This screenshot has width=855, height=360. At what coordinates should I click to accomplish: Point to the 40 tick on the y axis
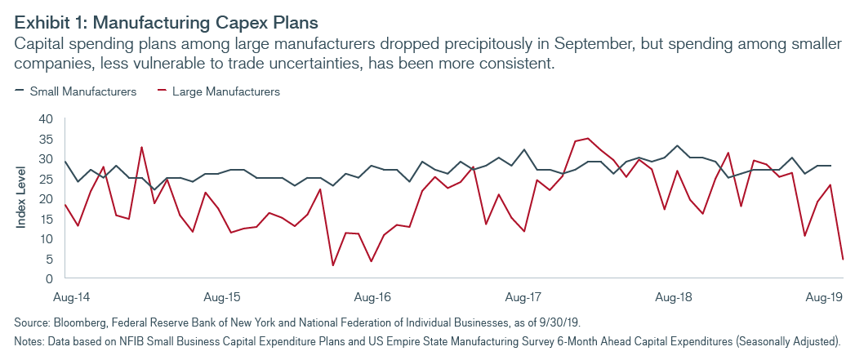[46, 119]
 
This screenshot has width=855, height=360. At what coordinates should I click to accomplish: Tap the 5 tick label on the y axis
[49, 259]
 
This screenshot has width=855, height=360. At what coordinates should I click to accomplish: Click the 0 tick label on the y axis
[49, 278]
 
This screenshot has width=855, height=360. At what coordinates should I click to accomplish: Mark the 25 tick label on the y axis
[46, 179]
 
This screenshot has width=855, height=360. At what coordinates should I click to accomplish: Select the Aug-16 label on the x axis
[372, 294]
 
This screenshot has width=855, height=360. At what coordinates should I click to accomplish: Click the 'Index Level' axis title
[22, 198]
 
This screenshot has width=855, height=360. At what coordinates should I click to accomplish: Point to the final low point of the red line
[843, 260]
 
